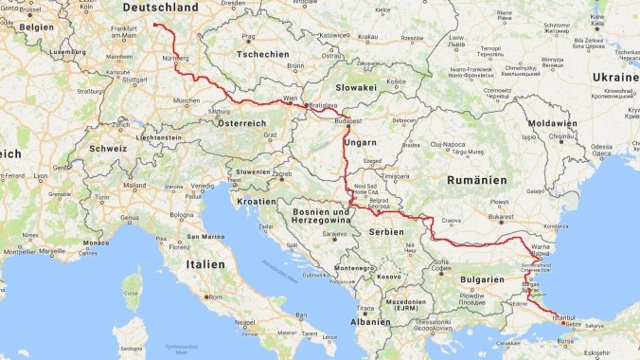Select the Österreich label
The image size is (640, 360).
[242, 124]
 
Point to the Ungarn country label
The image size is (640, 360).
[361, 142]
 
